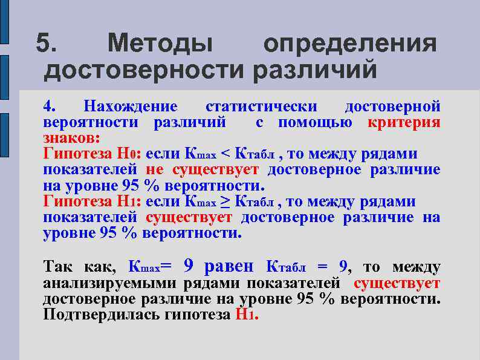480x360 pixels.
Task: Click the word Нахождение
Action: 131,107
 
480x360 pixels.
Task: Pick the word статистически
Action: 261,107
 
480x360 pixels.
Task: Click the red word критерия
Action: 404,123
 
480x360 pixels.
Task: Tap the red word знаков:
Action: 67,138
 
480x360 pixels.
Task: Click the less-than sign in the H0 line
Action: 225,154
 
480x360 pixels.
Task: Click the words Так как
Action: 82,267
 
